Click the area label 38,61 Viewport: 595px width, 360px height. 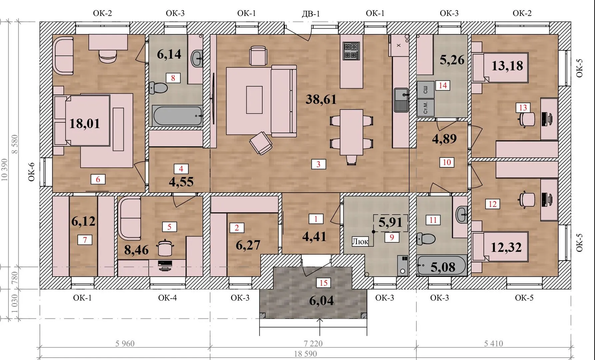[x=321, y=99]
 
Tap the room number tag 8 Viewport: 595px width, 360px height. [x=173, y=78]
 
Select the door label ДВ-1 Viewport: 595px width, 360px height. [x=310, y=14]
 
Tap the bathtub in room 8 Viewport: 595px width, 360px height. [x=177, y=116]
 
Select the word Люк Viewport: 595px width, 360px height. [x=360, y=241]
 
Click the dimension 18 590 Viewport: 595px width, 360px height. [x=305, y=354]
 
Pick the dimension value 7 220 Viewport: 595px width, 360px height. [x=313, y=343]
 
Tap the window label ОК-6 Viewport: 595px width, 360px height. [x=32, y=172]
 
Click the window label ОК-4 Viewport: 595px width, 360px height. [x=167, y=298]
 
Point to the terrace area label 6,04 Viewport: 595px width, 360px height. [x=321, y=301]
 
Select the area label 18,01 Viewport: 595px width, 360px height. [x=85, y=124]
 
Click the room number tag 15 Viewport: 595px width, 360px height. [x=323, y=283]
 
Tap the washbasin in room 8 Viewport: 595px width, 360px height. [x=197, y=59]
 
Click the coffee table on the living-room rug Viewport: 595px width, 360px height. [x=254, y=100]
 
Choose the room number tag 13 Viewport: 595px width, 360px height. [x=523, y=108]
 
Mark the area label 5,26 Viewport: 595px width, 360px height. [x=452, y=60]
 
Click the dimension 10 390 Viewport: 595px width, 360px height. [x=5, y=170]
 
